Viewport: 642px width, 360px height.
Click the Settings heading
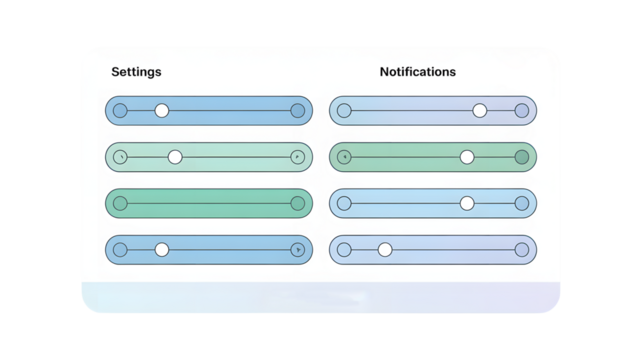[x=136, y=72]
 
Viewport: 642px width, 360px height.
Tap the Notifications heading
[x=417, y=72]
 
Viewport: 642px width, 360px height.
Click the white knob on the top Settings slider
[x=162, y=110]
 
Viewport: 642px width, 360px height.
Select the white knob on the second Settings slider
[x=175, y=157]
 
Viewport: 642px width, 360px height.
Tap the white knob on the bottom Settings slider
[x=162, y=249]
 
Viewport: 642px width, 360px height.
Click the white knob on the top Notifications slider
[x=480, y=110]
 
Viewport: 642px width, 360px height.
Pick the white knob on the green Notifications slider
[x=467, y=157]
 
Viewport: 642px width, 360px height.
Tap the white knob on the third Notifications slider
[x=467, y=203]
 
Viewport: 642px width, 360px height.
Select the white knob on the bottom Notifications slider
[x=385, y=249]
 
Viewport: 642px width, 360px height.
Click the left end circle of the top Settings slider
[x=120, y=110]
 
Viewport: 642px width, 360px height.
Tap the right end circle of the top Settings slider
[x=297, y=110]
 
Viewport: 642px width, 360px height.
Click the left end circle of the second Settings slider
[x=120, y=157]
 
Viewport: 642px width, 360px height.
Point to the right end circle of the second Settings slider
[x=297, y=157]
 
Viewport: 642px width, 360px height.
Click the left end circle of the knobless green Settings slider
[x=120, y=203]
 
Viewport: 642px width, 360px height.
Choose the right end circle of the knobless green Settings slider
[x=297, y=203]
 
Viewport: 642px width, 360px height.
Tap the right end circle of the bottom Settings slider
[x=297, y=249]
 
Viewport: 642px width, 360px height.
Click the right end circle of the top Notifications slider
[x=521, y=110]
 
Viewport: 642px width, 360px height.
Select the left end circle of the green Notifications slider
[x=344, y=157]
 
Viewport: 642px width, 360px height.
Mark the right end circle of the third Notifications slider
[x=521, y=203]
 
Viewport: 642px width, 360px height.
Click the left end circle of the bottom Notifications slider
[x=344, y=249]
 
